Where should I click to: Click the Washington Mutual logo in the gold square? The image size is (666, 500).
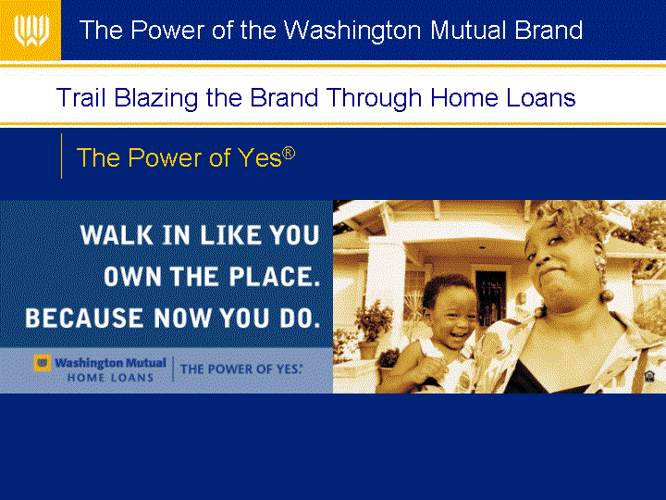31,31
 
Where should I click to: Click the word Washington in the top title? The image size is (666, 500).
352,31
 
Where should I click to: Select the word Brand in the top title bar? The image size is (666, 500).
549,30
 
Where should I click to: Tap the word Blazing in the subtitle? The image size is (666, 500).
156,99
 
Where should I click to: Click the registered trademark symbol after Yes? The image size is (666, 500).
289,153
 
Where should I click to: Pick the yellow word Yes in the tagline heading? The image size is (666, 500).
260,157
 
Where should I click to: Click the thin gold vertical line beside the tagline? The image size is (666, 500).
62,156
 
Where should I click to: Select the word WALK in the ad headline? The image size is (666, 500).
117,235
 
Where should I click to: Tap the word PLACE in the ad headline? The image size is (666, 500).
275,277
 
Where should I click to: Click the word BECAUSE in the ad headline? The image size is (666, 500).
84,318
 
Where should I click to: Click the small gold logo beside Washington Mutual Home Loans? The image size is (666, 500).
42,363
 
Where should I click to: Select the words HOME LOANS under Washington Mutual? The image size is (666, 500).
110,378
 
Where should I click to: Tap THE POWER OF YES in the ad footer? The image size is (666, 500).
240,369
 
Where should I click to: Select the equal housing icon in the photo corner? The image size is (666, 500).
649,376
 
